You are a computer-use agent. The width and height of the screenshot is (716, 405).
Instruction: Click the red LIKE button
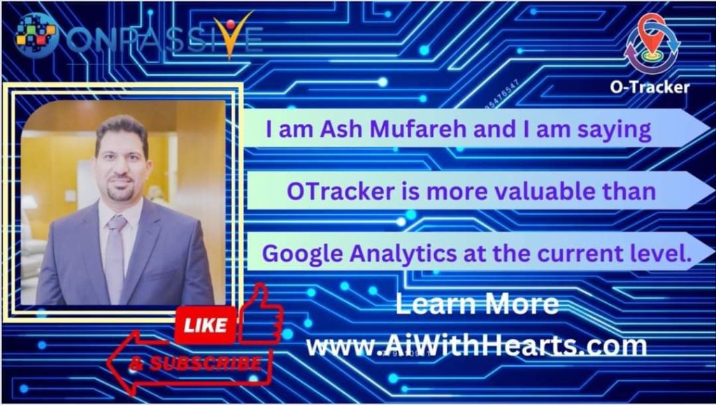pos(205,325)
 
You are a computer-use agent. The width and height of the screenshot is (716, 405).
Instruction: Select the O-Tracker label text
pos(650,87)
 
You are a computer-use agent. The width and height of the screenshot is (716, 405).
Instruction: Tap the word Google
pos(302,254)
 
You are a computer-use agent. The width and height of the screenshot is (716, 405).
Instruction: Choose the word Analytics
pos(403,254)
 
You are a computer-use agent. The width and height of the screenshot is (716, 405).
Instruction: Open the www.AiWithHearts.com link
pos(476,346)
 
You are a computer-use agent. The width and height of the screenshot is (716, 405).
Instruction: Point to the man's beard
pos(121,190)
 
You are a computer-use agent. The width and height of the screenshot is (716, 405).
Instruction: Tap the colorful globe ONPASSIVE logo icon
pos(36,35)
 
